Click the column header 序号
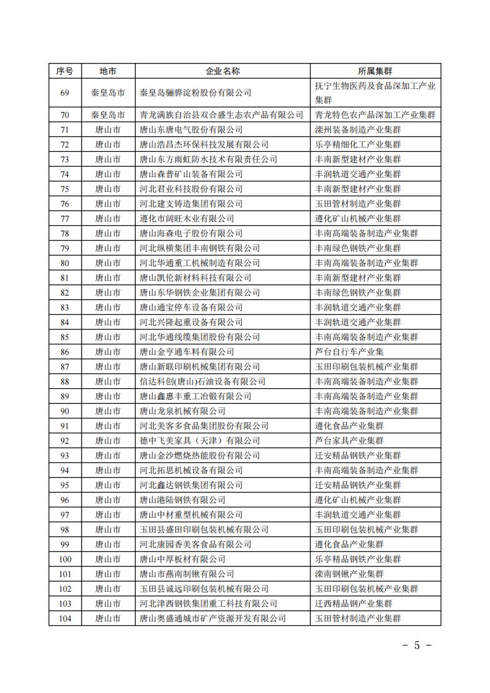[65, 71]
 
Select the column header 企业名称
[222, 71]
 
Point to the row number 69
[65, 93]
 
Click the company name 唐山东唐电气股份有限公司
[191, 130]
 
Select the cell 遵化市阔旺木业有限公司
[186, 218]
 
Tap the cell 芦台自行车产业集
[349, 352]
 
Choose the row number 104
[65, 618]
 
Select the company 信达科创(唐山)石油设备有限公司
[202, 381]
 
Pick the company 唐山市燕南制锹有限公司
[186, 574]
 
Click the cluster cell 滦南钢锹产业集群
[349, 574]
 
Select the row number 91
[65, 426]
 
